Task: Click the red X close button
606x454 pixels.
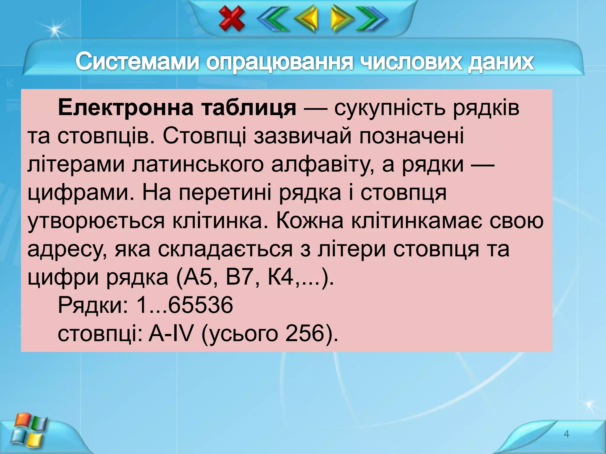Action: [x=232, y=19]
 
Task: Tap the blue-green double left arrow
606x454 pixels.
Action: [x=273, y=19]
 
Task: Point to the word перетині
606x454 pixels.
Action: [x=225, y=193]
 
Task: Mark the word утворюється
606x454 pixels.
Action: [x=96, y=221]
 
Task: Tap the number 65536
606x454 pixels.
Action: [x=200, y=305]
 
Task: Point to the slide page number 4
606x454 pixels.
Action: [x=566, y=434]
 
